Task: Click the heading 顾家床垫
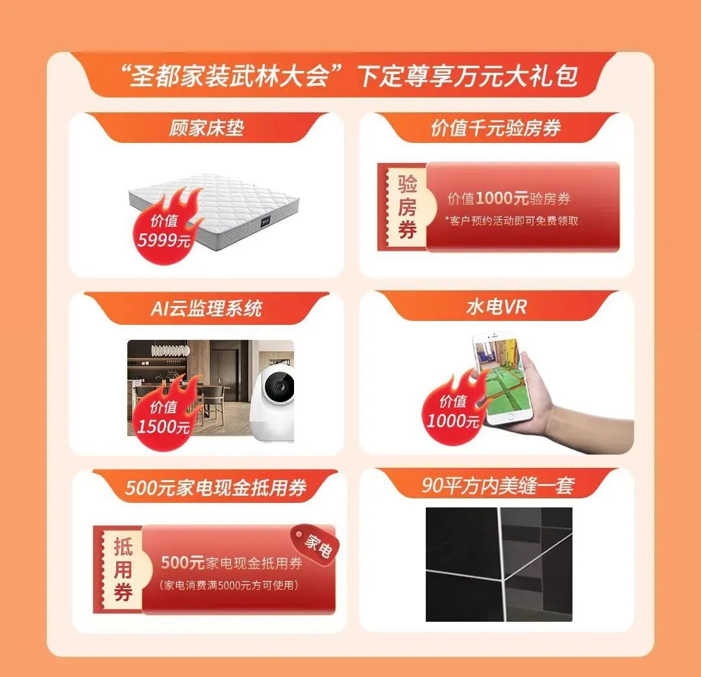[x=206, y=129]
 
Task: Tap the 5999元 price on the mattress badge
[x=164, y=241]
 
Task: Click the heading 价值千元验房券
[x=496, y=129]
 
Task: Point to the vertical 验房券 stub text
[x=407, y=207]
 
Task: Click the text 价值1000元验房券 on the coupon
[x=509, y=198]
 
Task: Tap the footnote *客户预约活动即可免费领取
[x=511, y=221]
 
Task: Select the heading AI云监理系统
[x=206, y=309]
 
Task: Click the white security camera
[x=271, y=403]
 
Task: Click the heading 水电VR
[x=497, y=307]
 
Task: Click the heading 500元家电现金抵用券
[x=215, y=487]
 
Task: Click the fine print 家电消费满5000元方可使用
[x=228, y=585]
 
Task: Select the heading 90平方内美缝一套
[x=498, y=485]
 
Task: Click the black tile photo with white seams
[x=499, y=564]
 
